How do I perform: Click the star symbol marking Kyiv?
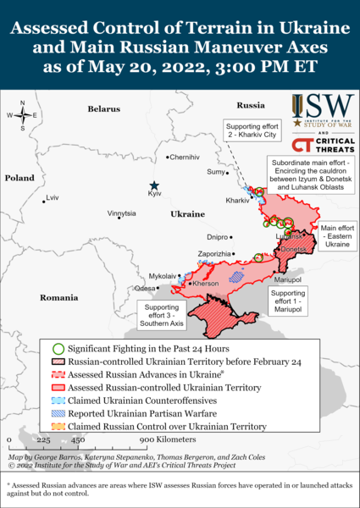point(154,185)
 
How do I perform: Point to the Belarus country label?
point(104,109)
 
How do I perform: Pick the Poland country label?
point(19,179)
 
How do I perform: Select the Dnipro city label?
point(218,238)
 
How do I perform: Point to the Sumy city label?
point(216,172)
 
